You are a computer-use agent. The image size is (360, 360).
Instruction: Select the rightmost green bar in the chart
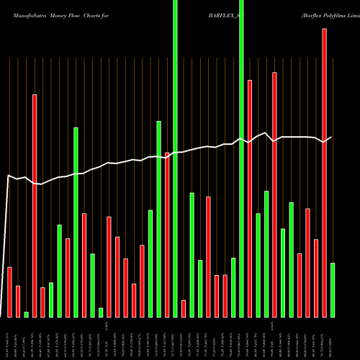333,289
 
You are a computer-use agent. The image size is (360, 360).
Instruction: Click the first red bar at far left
10,292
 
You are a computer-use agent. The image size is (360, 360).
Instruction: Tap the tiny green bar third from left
27,314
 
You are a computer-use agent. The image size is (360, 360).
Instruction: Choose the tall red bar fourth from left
35,205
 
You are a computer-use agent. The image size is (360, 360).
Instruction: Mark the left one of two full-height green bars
175,158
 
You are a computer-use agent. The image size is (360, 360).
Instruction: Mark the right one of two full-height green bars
241,158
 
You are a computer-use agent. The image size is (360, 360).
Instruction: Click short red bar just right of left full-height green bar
184,308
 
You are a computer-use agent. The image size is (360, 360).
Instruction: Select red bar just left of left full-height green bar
167,234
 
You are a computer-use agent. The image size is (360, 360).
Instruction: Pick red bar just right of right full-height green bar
250,198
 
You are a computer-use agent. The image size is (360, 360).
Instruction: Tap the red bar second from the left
18,301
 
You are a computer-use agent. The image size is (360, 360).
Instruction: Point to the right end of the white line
331,137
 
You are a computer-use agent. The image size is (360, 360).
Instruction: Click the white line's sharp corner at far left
9,176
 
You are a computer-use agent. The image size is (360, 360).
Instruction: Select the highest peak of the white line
266,133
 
